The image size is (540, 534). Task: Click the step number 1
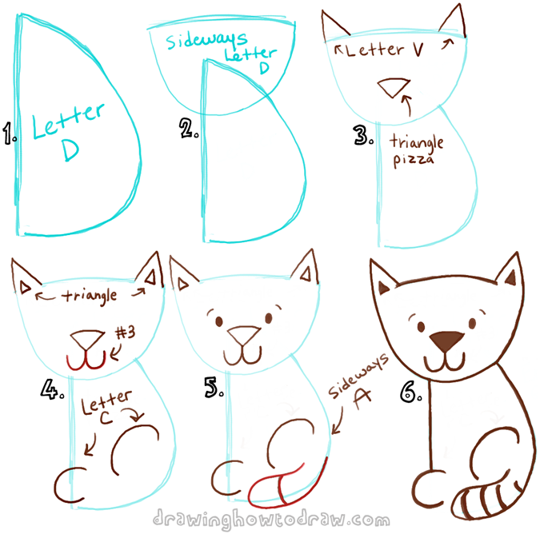(10, 137)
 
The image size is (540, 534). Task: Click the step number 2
(189, 129)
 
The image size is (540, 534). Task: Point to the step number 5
(212, 389)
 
